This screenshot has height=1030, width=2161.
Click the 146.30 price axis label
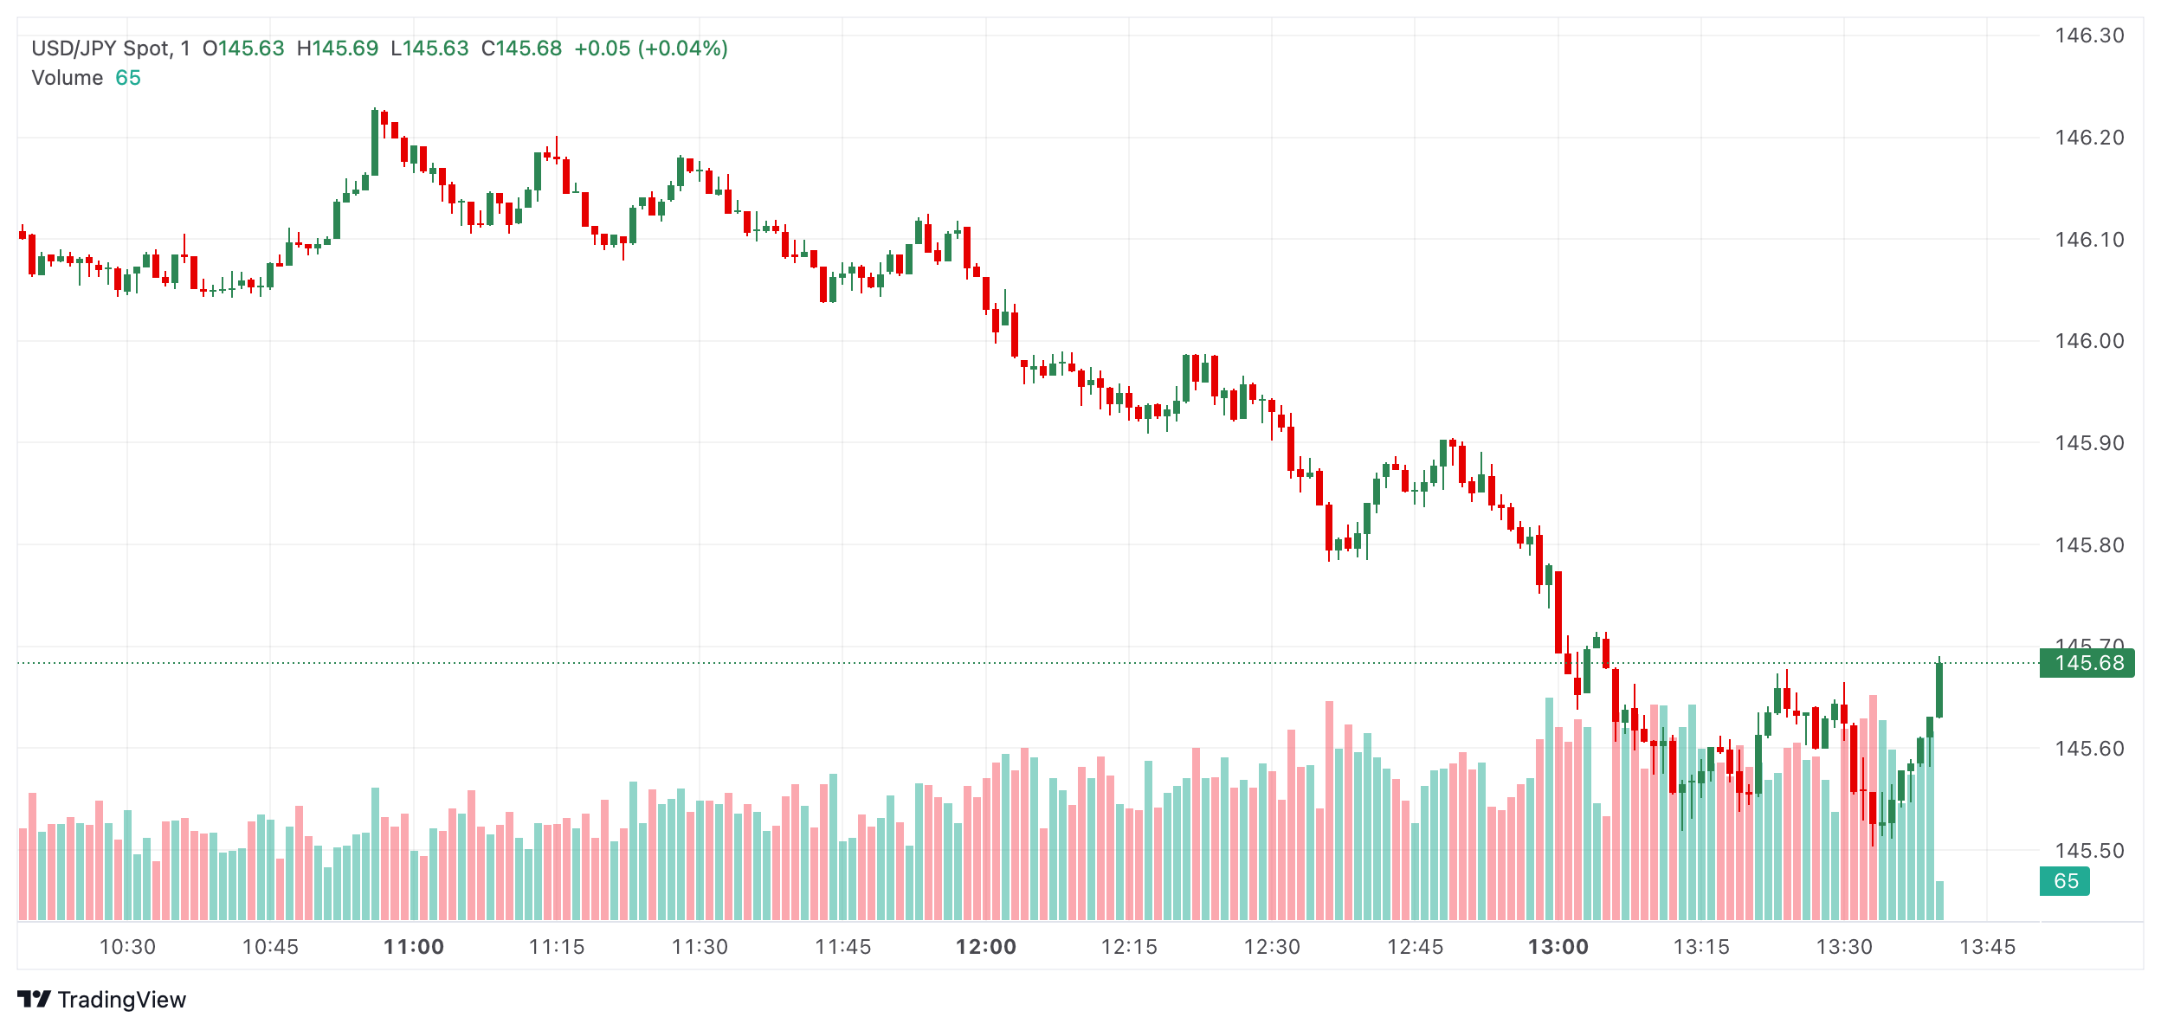[x=2088, y=35]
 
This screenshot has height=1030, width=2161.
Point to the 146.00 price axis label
[x=2088, y=341]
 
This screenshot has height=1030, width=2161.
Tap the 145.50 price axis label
[x=2088, y=851]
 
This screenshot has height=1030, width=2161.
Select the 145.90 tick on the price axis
[x=2088, y=443]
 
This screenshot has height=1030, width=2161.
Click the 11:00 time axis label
[x=414, y=947]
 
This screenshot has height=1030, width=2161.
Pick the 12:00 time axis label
[x=986, y=947]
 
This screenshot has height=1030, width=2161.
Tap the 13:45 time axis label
[x=1987, y=947]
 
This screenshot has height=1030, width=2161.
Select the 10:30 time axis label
[x=127, y=947]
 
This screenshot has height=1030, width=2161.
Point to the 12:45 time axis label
[x=1415, y=947]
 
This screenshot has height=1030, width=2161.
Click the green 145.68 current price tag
[x=2088, y=663]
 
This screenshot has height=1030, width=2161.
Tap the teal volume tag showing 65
[x=2065, y=881]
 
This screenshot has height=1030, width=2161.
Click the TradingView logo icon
[x=34, y=1000]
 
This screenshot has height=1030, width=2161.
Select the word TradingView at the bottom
[x=122, y=1000]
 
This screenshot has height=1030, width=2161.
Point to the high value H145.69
[x=338, y=48]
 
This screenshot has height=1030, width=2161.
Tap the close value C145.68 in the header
[x=521, y=48]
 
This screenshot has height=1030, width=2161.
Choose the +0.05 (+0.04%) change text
[x=651, y=48]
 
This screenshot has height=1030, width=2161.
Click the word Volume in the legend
[x=68, y=78]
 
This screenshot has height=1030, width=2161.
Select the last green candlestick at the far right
[x=1939, y=690]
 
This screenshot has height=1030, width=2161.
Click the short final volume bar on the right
[x=1940, y=900]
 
